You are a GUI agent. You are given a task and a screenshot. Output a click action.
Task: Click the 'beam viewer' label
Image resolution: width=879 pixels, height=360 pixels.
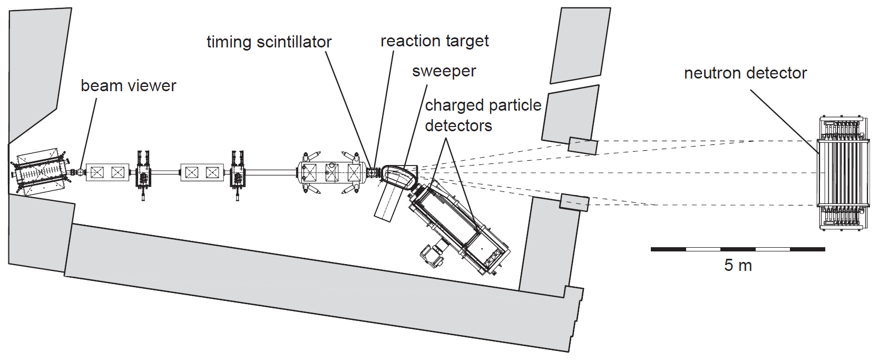(128, 85)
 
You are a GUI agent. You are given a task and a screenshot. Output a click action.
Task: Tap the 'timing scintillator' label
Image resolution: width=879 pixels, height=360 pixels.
(269, 42)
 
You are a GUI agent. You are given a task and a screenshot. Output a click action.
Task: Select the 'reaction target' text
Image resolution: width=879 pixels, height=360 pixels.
(434, 41)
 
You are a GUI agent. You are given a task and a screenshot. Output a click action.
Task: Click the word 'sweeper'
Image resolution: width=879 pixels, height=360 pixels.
(444, 71)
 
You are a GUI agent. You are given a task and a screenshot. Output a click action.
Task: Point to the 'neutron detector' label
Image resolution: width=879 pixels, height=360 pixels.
(745, 73)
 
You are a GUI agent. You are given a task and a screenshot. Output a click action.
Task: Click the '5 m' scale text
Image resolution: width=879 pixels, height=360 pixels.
(737, 265)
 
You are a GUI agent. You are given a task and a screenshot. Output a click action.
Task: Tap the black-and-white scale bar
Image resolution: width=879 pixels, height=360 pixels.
(737, 249)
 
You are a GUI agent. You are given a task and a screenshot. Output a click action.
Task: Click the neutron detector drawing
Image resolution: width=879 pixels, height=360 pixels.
(843, 173)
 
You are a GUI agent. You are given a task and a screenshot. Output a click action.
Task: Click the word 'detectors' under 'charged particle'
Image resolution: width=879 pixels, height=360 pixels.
(458, 125)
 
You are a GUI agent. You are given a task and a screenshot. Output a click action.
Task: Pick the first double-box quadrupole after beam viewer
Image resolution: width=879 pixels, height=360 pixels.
(107, 172)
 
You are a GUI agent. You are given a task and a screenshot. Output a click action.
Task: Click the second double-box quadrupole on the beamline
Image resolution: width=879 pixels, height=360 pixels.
(202, 172)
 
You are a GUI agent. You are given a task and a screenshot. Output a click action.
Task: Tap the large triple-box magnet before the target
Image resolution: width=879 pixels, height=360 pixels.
(331, 172)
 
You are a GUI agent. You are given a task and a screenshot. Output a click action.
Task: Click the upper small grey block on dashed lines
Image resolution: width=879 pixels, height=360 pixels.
(583, 145)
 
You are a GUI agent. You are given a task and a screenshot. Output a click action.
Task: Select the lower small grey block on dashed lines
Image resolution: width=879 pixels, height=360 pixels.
(574, 202)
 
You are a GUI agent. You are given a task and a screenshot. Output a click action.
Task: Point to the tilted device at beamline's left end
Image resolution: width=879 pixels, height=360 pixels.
(40, 172)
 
